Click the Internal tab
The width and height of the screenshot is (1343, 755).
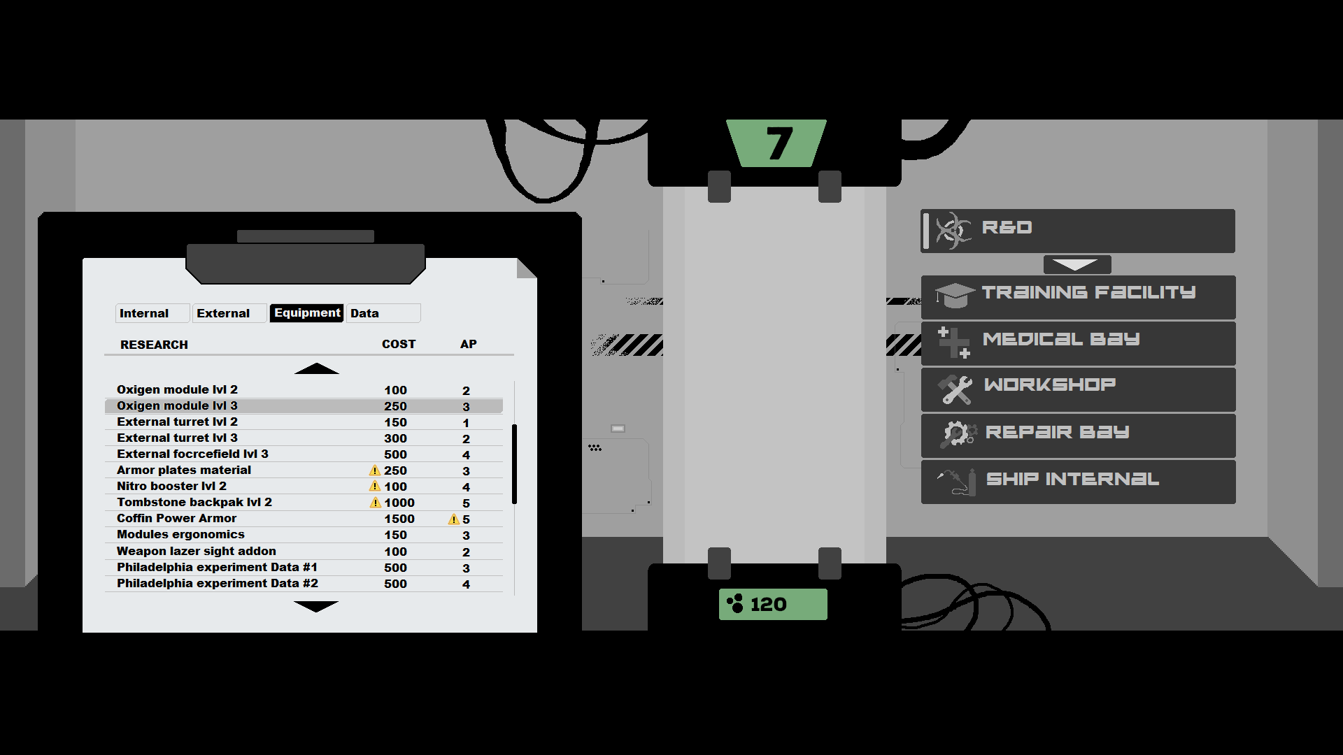(x=152, y=313)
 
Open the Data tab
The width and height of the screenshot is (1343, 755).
(x=383, y=313)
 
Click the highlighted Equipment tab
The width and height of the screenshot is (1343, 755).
(x=307, y=313)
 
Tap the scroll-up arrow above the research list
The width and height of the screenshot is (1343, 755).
(x=317, y=368)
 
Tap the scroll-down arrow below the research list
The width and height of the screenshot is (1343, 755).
(x=316, y=606)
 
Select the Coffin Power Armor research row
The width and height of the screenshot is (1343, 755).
(x=304, y=519)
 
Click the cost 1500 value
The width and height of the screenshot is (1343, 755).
(x=399, y=519)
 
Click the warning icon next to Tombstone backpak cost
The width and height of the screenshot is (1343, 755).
(x=376, y=503)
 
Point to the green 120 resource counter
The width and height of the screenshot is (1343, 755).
(x=773, y=604)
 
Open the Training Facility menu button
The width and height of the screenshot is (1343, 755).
(x=1079, y=297)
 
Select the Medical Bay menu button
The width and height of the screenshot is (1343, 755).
(x=1079, y=343)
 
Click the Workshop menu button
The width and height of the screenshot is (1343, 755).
(x=1079, y=389)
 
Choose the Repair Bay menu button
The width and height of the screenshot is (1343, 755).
(x=1079, y=436)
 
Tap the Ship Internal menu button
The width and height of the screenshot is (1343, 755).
(x=1079, y=482)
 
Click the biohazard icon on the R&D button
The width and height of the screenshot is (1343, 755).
(x=953, y=230)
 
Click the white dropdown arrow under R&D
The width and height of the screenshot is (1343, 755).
(x=1077, y=265)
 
